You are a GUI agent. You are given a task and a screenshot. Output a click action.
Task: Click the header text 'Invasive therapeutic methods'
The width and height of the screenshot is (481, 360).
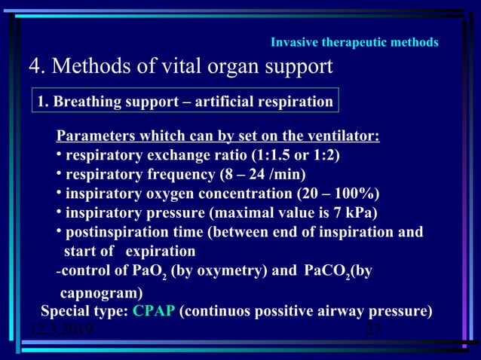click(354, 42)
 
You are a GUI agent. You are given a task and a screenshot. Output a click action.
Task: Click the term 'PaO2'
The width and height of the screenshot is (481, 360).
click(150, 271)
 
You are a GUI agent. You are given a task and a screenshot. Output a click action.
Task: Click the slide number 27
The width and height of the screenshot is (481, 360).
click(373, 330)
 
